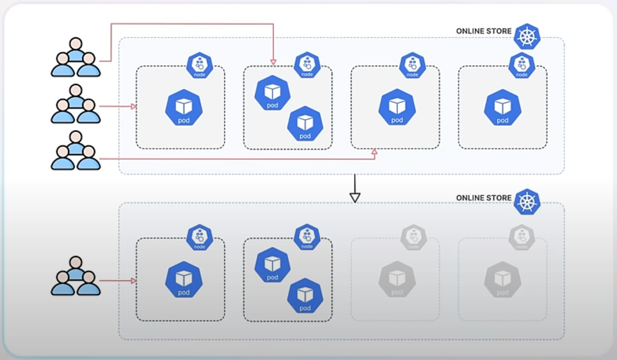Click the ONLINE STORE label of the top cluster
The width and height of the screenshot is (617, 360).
tap(483, 31)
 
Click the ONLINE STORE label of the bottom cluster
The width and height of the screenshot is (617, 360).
tap(483, 198)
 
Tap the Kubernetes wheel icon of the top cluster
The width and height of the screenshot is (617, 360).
tap(527, 37)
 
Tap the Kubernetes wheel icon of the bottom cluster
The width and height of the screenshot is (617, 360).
tap(527, 202)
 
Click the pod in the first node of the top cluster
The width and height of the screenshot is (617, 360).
tap(184, 108)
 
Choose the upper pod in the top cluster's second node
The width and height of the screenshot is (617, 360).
tap(272, 93)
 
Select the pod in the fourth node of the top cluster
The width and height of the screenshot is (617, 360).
tap(503, 108)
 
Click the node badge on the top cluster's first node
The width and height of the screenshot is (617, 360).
tap(200, 65)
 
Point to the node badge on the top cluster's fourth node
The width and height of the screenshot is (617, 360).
tap(522, 65)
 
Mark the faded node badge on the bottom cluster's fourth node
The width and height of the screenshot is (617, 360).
tap(522, 238)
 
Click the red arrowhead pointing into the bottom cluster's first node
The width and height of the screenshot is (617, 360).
tap(134, 281)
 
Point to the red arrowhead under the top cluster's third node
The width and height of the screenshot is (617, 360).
tap(374, 152)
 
